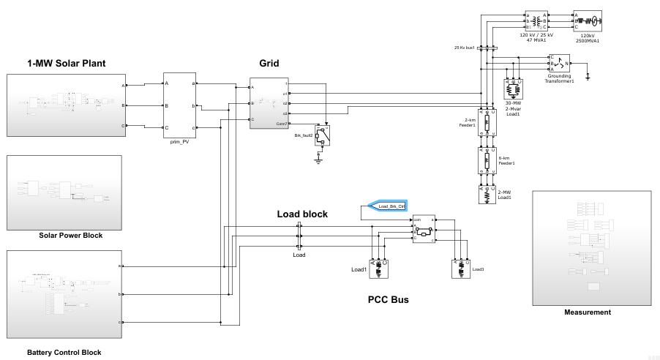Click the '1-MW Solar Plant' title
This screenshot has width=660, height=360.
[x=67, y=64]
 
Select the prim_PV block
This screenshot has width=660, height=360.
[x=179, y=105]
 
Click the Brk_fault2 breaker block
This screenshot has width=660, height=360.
[x=323, y=135]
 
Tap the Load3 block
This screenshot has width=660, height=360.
[x=460, y=269]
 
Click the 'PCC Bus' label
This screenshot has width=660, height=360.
[x=388, y=299]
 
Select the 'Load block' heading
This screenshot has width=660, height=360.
[x=302, y=214]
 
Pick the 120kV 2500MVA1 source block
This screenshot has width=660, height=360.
[x=588, y=20]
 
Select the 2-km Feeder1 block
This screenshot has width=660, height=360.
[x=486, y=124]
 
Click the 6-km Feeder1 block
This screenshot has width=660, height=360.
[x=486, y=160]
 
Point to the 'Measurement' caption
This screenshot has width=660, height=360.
[x=587, y=312]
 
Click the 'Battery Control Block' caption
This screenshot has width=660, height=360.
[x=64, y=353]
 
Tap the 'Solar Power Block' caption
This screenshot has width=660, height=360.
[x=70, y=236]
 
